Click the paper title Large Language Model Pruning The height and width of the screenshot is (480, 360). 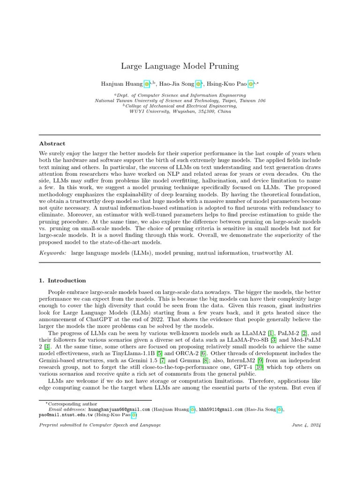point(180,66)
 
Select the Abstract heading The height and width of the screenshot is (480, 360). point(52,143)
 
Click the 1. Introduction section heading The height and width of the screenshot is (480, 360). point(62,280)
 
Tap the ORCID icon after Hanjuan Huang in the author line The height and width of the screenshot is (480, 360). point(147,84)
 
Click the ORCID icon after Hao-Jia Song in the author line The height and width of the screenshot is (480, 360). point(198,84)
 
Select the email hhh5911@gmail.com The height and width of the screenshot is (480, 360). point(220,409)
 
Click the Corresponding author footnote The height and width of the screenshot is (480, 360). point(73,404)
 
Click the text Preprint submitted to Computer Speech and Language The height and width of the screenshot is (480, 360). point(100,425)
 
